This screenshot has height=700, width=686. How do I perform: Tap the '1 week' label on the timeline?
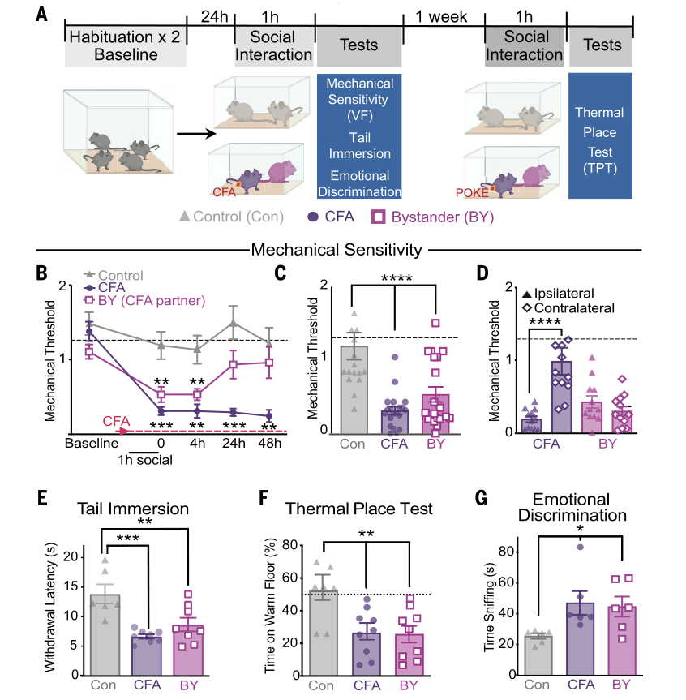[x=443, y=16]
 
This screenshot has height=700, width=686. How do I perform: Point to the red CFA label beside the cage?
[x=224, y=192]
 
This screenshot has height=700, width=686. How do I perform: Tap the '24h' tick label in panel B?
[x=234, y=444]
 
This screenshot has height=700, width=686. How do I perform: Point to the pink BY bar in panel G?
[x=620, y=641]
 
